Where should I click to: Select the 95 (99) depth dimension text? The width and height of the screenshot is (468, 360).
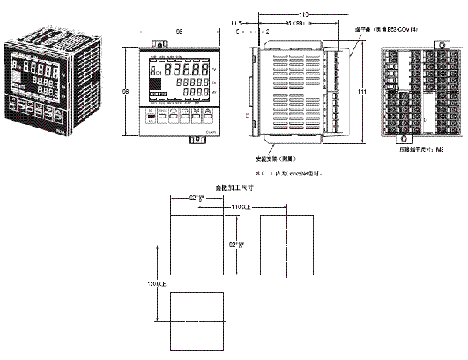pos(290,22)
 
